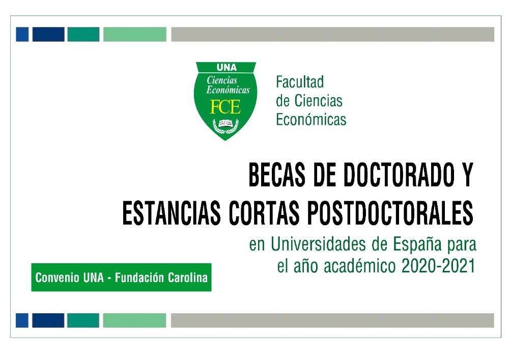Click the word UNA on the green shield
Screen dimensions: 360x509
click(x=226, y=68)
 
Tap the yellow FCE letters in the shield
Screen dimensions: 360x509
click(x=225, y=107)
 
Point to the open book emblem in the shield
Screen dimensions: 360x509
click(x=225, y=124)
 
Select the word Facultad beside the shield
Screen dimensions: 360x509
click(x=300, y=82)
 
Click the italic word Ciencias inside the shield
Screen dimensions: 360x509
click(x=222, y=80)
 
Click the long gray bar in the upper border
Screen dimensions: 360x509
click(x=332, y=34)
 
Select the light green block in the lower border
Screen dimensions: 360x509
click(x=134, y=320)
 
